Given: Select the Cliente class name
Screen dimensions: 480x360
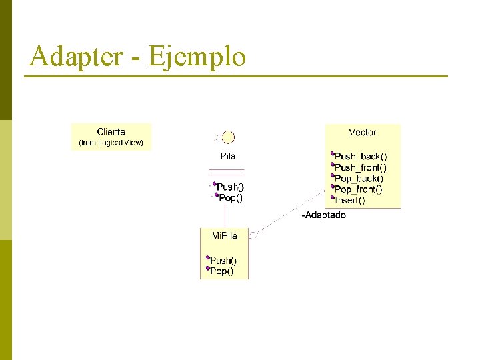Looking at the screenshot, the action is [x=111, y=132].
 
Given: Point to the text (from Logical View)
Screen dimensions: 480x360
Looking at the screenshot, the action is [x=111, y=143].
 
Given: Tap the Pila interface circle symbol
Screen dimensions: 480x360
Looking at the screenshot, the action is [x=228, y=138].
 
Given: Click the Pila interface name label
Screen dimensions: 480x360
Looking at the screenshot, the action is [x=227, y=156].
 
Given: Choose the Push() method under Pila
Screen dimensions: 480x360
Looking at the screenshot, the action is [x=230, y=187].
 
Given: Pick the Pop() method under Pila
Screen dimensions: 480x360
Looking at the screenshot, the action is [x=231, y=197].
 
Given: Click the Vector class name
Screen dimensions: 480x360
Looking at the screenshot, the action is [x=363, y=133].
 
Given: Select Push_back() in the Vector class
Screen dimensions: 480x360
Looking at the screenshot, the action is [x=360, y=157].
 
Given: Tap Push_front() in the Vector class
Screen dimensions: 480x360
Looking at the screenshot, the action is [x=360, y=167].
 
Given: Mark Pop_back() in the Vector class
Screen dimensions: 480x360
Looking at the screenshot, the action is [x=359, y=178].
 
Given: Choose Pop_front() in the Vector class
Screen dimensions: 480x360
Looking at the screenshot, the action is [x=359, y=189].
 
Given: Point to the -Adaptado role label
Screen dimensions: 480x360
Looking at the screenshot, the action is [x=324, y=215].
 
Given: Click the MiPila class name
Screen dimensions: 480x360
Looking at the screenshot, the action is [x=224, y=236].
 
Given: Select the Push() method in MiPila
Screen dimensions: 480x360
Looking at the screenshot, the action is [x=223, y=261].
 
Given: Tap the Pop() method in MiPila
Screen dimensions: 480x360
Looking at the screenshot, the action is [x=221, y=271].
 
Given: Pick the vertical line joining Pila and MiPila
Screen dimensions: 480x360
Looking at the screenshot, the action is [x=225, y=215].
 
